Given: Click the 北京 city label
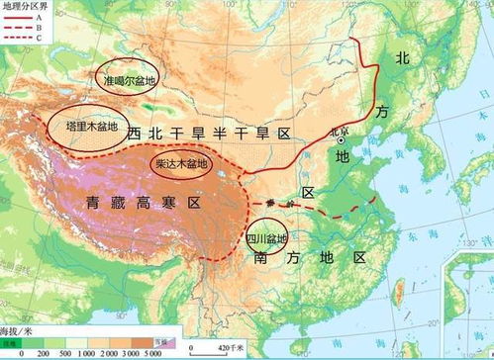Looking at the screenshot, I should (x=340, y=130).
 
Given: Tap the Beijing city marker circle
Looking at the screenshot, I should (x=343, y=139).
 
